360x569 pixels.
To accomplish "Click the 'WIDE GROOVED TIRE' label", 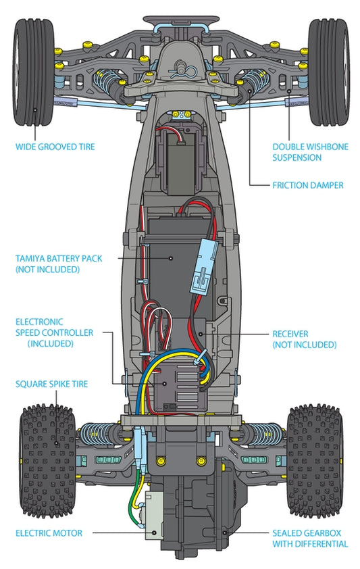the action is (55, 147).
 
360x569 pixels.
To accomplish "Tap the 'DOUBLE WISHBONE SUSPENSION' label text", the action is (310, 152).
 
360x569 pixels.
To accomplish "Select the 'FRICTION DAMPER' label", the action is (308, 185).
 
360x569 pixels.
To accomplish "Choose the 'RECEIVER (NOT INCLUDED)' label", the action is (304, 339).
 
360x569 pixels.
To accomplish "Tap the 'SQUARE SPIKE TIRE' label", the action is (51, 384).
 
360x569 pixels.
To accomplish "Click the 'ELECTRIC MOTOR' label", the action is (49, 533).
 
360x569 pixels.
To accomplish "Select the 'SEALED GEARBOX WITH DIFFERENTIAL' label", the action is (310, 539).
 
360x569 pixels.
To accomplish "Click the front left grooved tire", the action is (34, 72).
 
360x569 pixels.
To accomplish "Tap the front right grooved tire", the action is (329, 72).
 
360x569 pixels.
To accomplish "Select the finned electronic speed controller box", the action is (180, 388).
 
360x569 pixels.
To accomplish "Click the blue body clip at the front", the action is (185, 71).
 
